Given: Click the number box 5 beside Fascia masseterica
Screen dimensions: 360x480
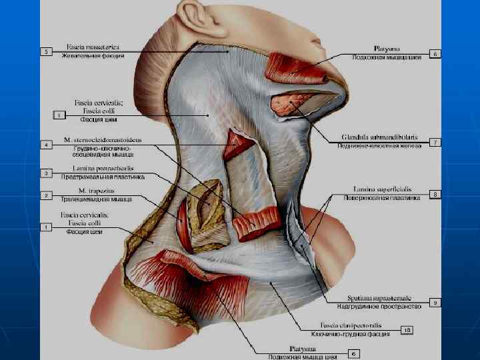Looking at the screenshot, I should click(x=46, y=51).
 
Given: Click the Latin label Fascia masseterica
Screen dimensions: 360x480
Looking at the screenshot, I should click(x=92, y=47).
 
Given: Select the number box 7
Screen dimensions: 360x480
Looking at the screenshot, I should click(x=434, y=142).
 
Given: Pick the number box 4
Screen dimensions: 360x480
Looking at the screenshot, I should click(x=46, y=145).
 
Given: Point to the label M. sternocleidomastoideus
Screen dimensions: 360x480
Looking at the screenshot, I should click(x=104, y=140).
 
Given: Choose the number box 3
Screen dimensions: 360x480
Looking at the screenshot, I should click(x=46, y=173).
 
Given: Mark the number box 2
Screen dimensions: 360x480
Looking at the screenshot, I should click(x=46, y=195).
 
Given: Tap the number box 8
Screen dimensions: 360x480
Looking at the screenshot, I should click(x=434, y=194).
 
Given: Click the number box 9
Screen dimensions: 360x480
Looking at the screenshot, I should click(x=434, y=302).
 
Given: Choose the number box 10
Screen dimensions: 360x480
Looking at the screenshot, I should click(x=407, y=329).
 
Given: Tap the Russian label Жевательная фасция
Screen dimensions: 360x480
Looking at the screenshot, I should click(x=94, y=56).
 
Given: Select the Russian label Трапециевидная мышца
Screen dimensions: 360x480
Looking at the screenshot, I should click(x=98, y=199).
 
